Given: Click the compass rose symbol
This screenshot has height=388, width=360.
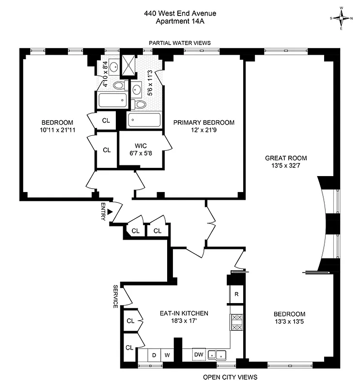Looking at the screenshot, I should pyautogui.click(x=343, y=18).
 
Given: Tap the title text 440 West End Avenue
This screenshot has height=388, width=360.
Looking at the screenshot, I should pyautogui.click(x=180, y=14).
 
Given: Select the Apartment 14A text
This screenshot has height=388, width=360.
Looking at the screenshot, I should pyautogui.click(x=180, y=21).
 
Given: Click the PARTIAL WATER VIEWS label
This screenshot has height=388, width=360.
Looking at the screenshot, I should pyautogui.click(x=180, y=43).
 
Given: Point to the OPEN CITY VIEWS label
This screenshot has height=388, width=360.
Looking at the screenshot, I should pyautogui.click(x=230, y=377).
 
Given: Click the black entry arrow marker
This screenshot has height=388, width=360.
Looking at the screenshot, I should pyautogui.click(x=110, y=212).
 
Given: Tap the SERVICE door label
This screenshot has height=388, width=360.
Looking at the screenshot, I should pyautogui.click(x=115, y=296).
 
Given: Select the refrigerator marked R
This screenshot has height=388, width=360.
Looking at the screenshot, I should pyautogui.click(x=236, y=294).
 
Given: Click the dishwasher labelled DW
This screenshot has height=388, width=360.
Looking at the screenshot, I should pyautogui.click(x=199, y=355).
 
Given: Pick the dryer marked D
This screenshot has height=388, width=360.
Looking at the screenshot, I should pyautogui.click(x=154, y=355).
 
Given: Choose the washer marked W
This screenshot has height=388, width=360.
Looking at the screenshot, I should pyautogui.click(x=167, y=355).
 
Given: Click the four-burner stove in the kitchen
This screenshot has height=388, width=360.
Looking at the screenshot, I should pyautogui.click(x=236, y=322).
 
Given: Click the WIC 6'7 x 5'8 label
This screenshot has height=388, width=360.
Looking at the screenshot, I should pyautogui.click(x=141, y=149).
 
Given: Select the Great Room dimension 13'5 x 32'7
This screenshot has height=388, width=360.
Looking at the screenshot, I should pyautogui.click(x=286, y=166).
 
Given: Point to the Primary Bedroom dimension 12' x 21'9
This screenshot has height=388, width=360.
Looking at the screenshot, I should pyautogui.click(x=204, y=130).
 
